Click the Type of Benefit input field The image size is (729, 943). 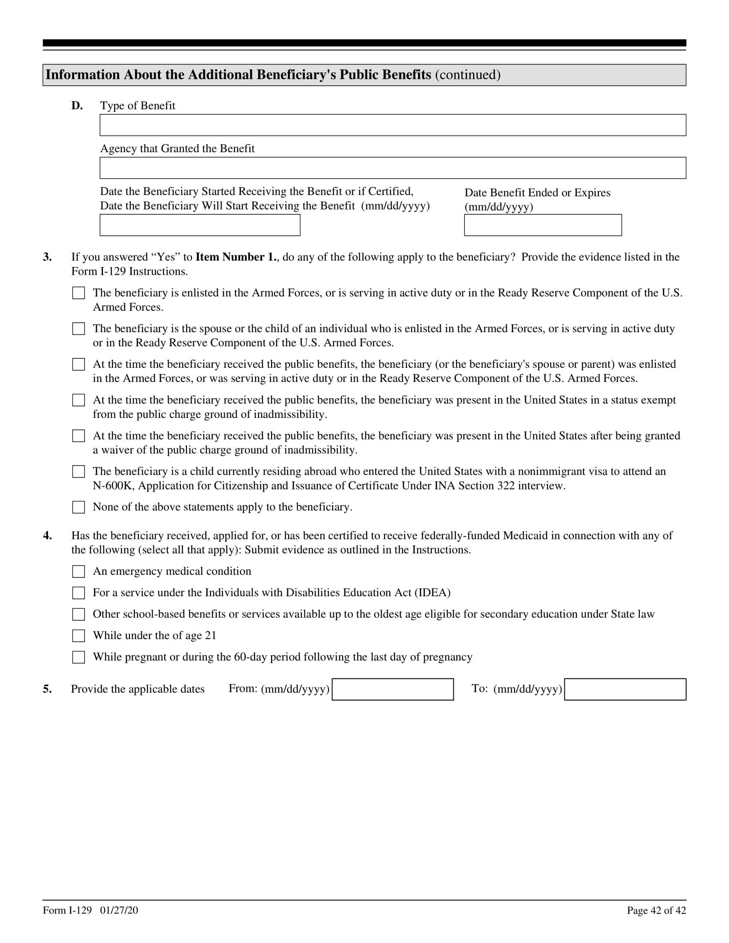392,125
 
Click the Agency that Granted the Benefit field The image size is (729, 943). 392,168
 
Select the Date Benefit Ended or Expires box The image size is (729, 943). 543,225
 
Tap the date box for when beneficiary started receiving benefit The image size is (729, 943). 200,225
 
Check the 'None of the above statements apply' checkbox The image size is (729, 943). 78,507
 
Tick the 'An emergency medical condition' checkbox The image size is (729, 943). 78,572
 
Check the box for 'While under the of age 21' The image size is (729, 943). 78,636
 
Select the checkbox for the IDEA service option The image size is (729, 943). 78,593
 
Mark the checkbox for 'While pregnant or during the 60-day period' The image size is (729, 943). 78,657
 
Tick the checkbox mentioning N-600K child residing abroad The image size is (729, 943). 78,471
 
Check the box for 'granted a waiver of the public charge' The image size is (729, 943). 78,435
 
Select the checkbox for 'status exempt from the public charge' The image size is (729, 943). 78,400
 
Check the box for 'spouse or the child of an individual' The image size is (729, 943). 78,329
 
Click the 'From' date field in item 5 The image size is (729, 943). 392,689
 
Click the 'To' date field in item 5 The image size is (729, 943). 625,689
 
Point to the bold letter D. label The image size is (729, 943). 77,106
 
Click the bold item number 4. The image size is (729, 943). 47,536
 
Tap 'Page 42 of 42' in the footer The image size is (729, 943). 656,910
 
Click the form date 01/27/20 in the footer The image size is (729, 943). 119,910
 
